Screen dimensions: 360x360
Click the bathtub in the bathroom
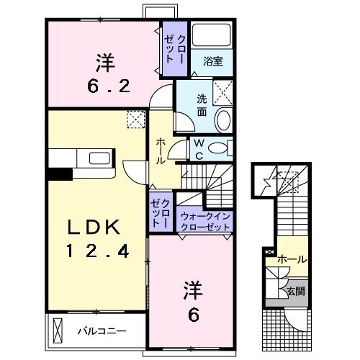pyautogui.click(x=212, y=36)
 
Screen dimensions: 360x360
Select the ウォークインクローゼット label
pyautogui.click(x=205, y=221)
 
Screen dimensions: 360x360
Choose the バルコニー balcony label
pyautogui.click(x=102, y=332)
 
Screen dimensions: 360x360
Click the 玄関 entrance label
pyautogui.click(x=296, y=292)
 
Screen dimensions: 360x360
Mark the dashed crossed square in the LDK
pyautogui.click(x=135, y=120)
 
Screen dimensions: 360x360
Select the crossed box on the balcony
pyautogui.click(x=59, y=331)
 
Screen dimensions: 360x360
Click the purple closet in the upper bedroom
pyautogui.click(x=174, y=49)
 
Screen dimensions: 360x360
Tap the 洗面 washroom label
pyautogui.click(x=202, y=107)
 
